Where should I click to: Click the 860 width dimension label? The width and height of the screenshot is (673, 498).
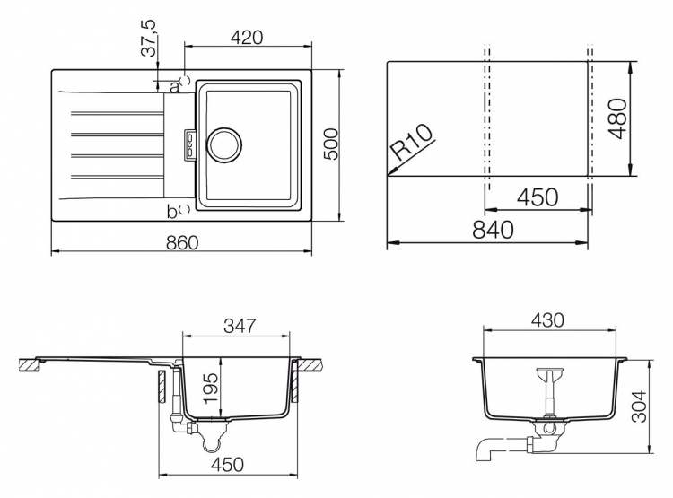click(182, 242)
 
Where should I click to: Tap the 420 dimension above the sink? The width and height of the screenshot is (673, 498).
click(247, 38)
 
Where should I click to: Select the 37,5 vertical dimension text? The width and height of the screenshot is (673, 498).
click(149, 39)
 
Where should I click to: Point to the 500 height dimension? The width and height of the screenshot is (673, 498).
click(331, 144)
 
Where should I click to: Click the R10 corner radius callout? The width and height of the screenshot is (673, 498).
click(412, 142)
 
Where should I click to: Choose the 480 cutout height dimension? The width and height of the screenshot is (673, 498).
click(618, 118)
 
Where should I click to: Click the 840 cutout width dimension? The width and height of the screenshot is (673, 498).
click(493, 230)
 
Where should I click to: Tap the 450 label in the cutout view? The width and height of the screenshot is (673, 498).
click(538, 197)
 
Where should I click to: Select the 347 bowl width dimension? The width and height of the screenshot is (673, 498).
click(240, 326)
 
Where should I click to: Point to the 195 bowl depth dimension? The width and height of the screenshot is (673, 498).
click(211, 389)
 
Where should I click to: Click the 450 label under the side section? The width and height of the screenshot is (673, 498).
click(228, 464)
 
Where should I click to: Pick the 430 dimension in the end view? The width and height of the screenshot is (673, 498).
click(547, 319)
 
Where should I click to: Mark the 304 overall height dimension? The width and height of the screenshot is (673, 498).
click(640, 406)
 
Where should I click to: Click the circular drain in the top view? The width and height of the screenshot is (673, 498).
click(224, 145)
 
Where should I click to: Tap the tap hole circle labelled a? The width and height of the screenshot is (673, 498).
click(186, 80)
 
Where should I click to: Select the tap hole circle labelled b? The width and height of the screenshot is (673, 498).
click(186, 209)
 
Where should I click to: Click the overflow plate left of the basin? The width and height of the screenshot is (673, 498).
click(190, 145)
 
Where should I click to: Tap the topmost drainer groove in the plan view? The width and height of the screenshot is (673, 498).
click(118, 114)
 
